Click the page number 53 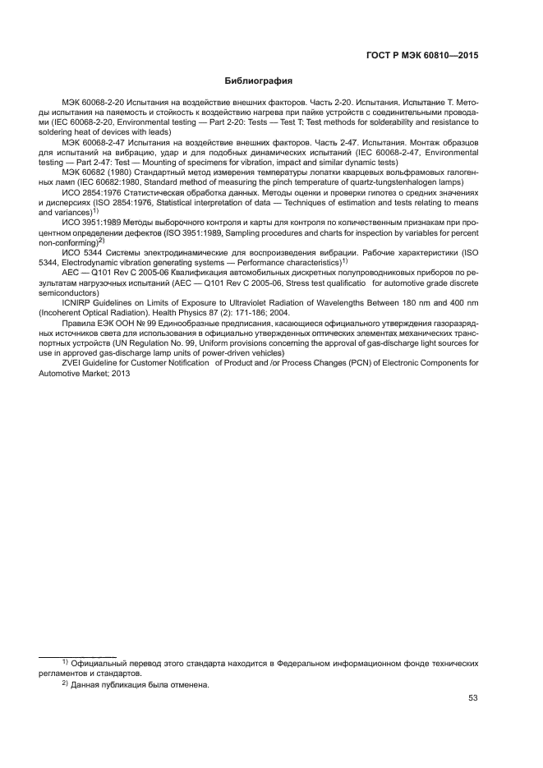pyautogui.click(x=473, y=699)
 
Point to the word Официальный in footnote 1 pyautogui.click(x=98, y=662)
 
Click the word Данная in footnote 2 pyautogui.click(x=88, y=684)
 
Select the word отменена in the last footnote pyautogui.click(x=191, y=684)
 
